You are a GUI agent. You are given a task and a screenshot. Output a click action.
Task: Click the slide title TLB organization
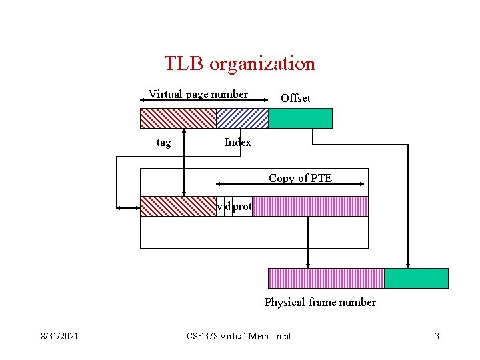point(239,64)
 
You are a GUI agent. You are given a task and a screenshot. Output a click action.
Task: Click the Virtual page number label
point(198,94)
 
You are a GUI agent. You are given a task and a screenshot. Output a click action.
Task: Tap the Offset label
point(295,98)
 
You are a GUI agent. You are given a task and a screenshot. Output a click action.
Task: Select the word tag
point(163,142)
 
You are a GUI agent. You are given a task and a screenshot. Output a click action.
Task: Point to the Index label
point(238,142)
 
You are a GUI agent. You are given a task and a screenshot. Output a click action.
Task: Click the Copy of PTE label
point(300,178)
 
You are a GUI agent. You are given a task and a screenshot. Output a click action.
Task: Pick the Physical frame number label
point(320,302)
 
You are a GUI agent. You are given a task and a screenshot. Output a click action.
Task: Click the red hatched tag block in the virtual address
point(177,118)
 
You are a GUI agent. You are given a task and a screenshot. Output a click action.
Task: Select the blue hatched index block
point(242,118)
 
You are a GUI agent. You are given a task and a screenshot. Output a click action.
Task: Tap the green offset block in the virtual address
point(300,118)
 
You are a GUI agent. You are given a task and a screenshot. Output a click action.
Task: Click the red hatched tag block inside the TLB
point(178,206)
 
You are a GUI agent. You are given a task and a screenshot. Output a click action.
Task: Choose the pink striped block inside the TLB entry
point(310,206)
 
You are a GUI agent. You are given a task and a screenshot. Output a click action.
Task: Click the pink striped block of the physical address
point(326,278)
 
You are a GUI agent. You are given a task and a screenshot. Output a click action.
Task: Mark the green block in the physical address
point(417,278)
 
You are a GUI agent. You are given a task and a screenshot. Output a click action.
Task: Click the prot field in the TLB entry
point(242,207)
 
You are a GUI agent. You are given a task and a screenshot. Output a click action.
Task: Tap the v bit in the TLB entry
point(220,207)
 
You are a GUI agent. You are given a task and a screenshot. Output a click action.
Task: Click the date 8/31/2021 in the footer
point(59,336)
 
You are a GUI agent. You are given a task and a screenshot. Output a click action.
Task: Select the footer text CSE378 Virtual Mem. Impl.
point(239,336)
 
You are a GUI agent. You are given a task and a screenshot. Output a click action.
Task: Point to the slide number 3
point(437,336)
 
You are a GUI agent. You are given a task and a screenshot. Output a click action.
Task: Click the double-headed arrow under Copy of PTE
point(290,186)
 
